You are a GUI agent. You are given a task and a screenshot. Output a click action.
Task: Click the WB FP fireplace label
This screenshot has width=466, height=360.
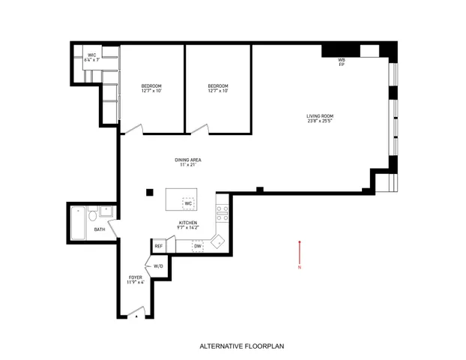pos(341,61)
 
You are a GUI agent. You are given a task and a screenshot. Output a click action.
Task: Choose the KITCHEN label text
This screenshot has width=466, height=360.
pos(187,224)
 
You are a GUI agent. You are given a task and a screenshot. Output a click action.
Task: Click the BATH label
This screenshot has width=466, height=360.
pos(99,229)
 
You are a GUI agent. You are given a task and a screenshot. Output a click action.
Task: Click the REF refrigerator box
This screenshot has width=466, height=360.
pos(159,246)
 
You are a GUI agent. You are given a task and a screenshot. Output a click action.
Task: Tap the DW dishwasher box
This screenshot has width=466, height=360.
pos(198,246)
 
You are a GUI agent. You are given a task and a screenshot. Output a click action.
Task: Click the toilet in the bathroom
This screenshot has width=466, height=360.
pos(91,217)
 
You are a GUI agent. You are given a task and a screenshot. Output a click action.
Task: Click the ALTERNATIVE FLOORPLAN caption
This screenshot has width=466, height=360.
pos(233,346)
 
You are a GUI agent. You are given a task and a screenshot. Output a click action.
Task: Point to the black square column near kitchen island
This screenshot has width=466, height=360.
pos(150,191)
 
